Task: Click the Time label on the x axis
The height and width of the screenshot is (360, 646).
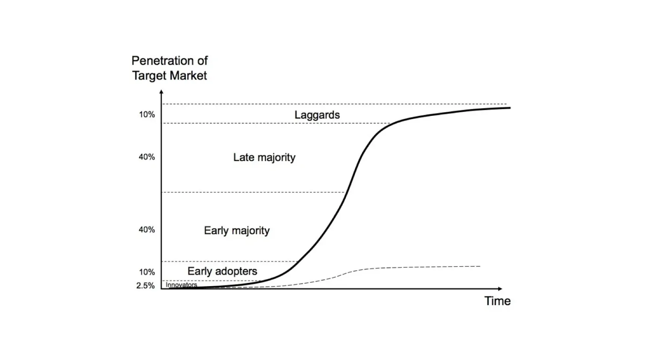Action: point(497,301)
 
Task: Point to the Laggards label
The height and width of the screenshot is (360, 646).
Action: point(317,115)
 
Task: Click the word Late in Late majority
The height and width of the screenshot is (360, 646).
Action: point(243,157)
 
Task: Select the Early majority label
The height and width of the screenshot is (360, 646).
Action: point(237,230)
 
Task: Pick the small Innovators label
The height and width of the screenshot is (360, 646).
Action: point(181,285)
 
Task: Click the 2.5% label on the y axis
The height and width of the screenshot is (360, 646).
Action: point(145,286)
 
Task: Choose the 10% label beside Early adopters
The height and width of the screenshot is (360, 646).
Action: point(147,272)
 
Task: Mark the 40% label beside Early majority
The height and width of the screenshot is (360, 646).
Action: point(147,230)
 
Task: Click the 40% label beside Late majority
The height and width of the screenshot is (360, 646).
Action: point(147,157)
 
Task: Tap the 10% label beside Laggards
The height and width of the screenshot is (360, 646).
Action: point(147,115)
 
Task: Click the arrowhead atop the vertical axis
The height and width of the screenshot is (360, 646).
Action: point(161,92)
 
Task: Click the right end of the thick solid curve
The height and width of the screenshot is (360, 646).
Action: point(510,108)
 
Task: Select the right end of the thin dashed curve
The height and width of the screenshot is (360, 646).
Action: point(480,266)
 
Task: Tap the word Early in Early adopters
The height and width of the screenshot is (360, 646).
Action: point(199,271)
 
